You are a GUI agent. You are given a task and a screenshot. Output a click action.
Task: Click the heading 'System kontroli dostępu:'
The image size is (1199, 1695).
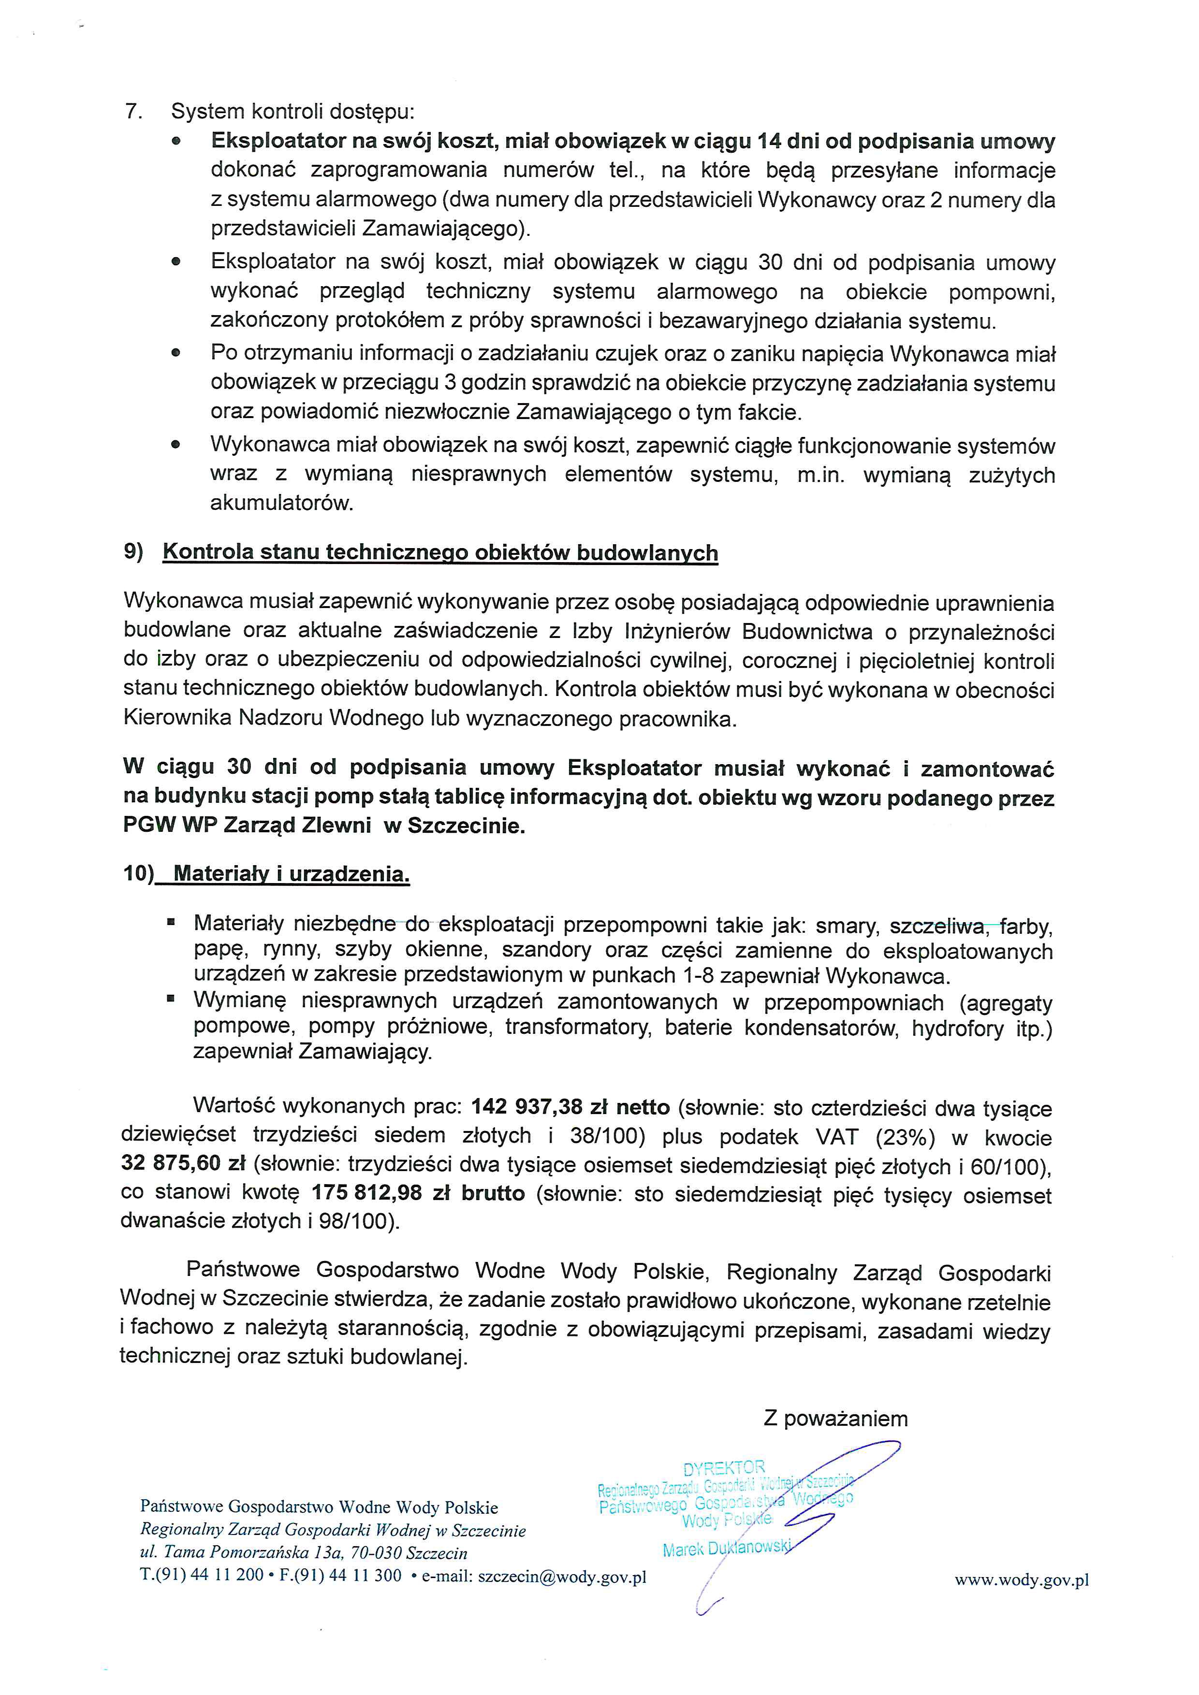click(292, 112)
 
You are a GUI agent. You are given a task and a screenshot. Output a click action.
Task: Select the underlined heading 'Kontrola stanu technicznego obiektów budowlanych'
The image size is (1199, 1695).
click(440, 552)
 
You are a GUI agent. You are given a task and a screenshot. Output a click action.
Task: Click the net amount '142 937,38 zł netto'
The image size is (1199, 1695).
click(570, 1107)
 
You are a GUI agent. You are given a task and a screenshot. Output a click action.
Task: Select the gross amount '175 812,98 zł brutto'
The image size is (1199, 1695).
click(418, 1192)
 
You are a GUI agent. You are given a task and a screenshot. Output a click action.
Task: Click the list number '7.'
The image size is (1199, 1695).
click(133, 112)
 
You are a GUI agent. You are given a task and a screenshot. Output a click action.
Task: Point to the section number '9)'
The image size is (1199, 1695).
click(133, 551)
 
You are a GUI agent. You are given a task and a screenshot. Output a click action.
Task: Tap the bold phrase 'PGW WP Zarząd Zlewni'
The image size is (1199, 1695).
click(247, 826)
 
